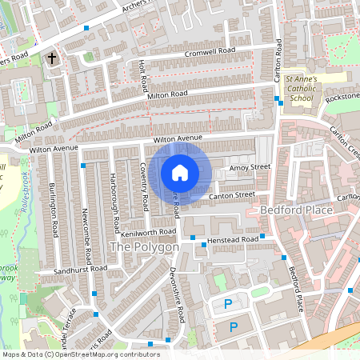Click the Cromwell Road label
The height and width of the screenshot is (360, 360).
coord(209,52)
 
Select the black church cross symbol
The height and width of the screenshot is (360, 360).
coord(53,58)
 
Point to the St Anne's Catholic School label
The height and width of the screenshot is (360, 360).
coord(302,88)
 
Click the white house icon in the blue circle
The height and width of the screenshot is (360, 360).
coord(180,172)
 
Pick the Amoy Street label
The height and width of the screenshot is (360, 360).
coord(250,168)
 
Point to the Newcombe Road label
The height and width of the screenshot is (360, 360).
coord(86,215)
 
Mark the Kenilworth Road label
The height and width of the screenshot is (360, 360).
coord(147,232)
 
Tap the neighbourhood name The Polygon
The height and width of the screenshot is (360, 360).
coord(144,248)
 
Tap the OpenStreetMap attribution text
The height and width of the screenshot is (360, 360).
coord(81,354)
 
